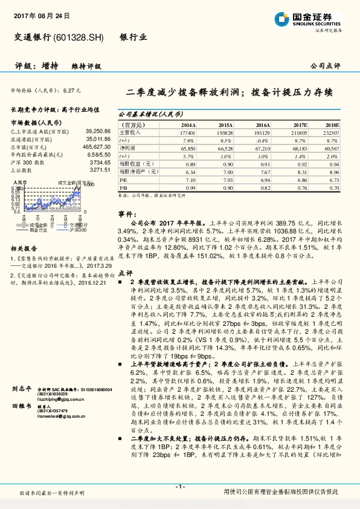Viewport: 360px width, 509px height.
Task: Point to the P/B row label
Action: pyautogui.click(x=123, y=188)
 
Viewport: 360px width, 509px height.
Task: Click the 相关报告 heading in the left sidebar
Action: pyautogui.click(x=25, y=248)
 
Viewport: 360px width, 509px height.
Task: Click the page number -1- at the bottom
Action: pyautogui.click(x=179, y=487)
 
